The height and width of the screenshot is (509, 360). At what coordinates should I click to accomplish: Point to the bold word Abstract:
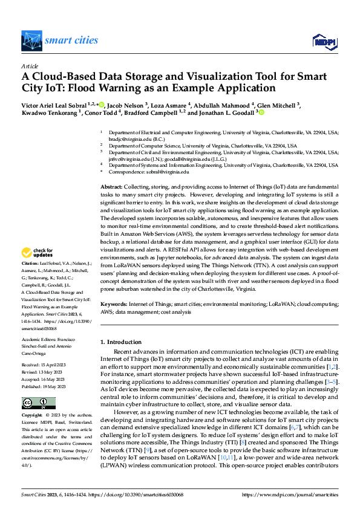[x=111, y=172]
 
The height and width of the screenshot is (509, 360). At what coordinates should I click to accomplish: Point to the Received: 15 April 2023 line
[x=45, y=365]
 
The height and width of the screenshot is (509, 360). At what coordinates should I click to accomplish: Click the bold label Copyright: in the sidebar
[x=32, y=416]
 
